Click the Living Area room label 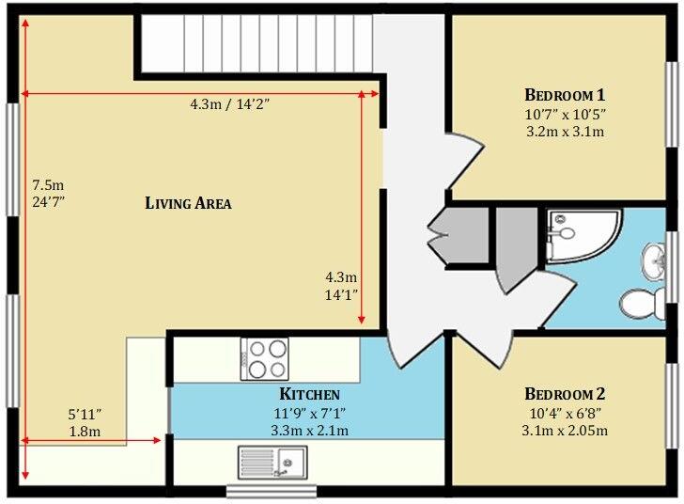(188, 203)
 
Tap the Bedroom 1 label (564, 95)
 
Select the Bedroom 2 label (564, 394)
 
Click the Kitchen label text (309, 394)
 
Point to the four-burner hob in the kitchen (263, 358)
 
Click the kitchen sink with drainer (271, 462)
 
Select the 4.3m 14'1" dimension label (341, 286)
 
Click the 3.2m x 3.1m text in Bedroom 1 (564, 132)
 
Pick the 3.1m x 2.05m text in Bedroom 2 (565, 431)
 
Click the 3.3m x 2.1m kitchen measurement (309, 431)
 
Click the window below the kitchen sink (272, 491)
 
